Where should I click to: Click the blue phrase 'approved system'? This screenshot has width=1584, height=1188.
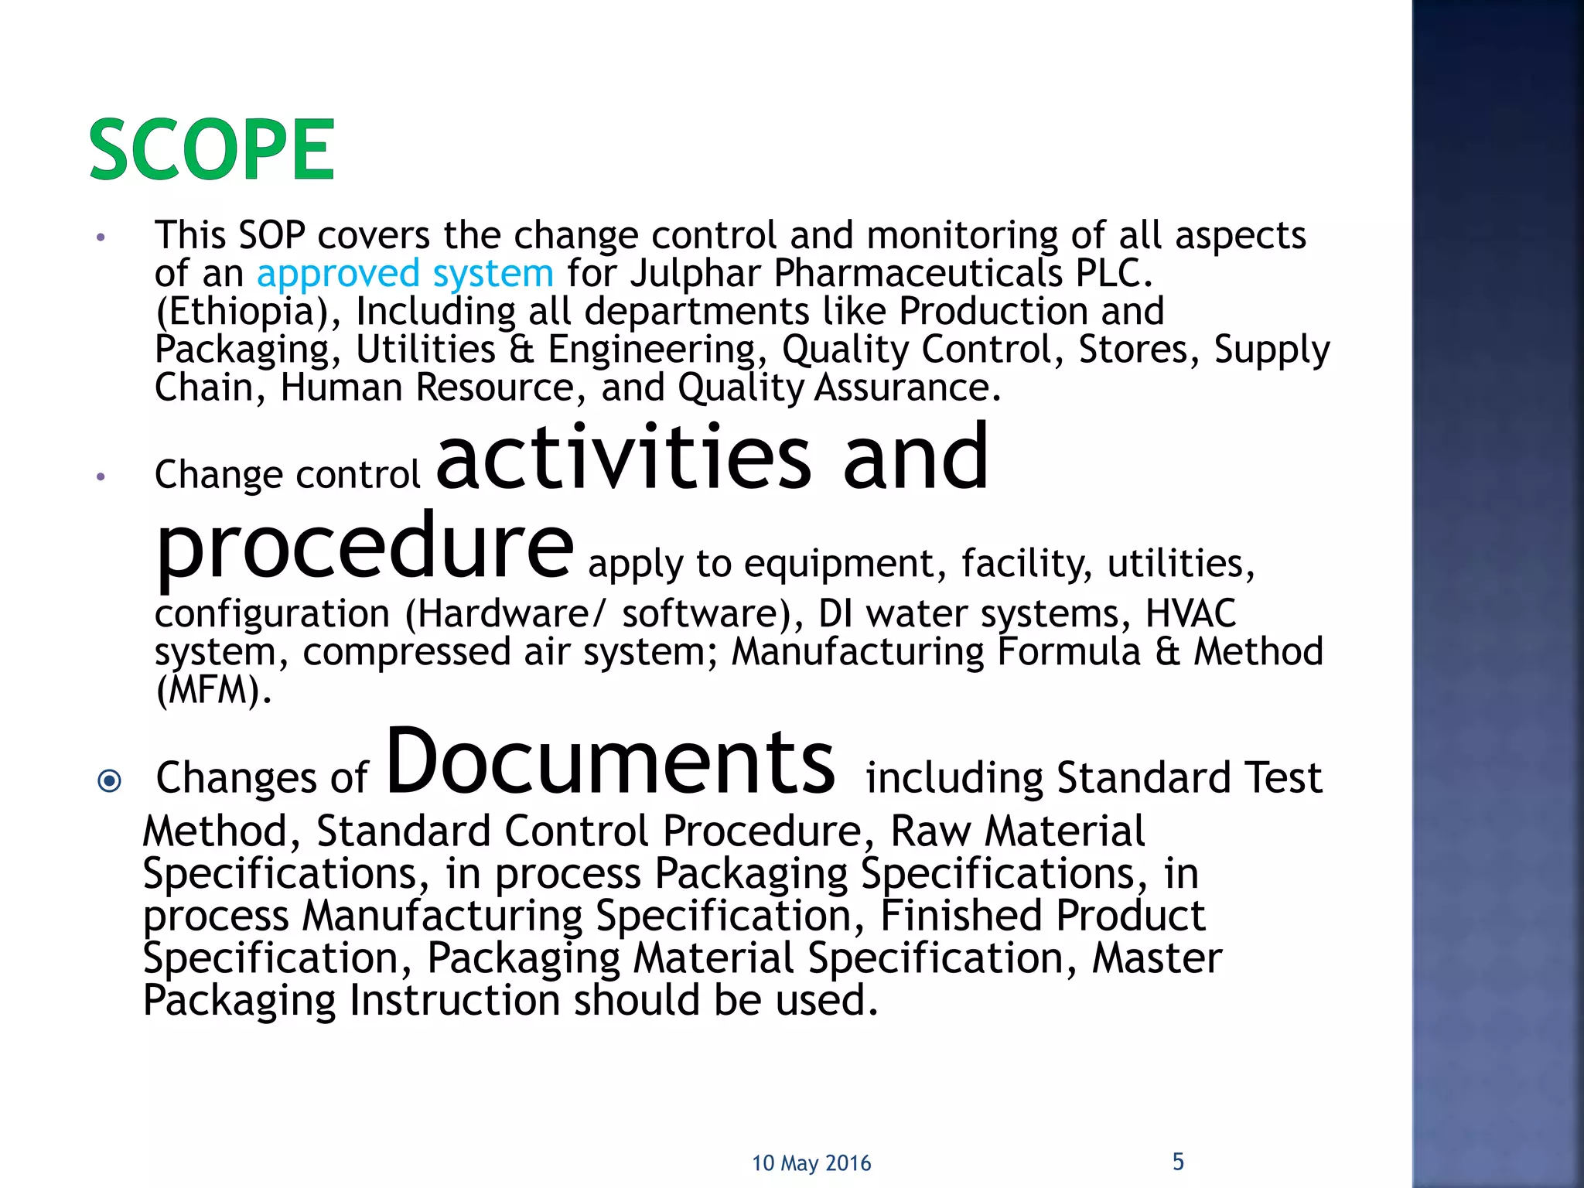[405, 274]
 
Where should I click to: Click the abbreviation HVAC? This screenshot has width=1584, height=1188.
[1190, 614]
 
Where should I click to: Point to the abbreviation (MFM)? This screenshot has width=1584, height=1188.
[213, 690]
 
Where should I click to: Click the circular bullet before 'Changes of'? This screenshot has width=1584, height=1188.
[110, 780]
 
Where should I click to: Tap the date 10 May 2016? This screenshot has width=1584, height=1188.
[811, 1163]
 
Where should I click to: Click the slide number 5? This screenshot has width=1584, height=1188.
[1178, 1162]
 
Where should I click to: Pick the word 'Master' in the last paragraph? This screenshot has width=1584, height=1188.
[1156, 958]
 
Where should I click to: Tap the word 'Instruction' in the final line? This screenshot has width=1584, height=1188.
[454, 1000]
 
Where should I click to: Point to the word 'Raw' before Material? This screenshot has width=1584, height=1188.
[930, 831]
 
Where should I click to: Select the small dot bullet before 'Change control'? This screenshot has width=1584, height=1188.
[101, 477]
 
